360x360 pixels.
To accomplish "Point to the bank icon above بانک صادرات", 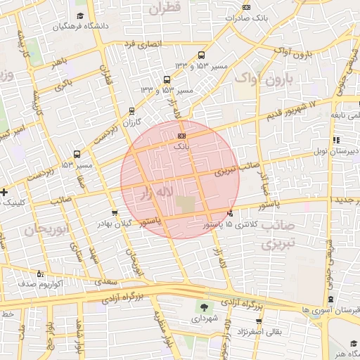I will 245,7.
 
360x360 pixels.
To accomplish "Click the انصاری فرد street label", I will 142,44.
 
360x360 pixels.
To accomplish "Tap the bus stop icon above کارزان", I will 131,111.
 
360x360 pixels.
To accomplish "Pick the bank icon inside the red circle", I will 181,135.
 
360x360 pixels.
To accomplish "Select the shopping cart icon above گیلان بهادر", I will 115,212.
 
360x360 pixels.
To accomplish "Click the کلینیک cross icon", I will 4,191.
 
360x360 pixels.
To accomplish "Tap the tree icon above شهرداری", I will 205,307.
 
